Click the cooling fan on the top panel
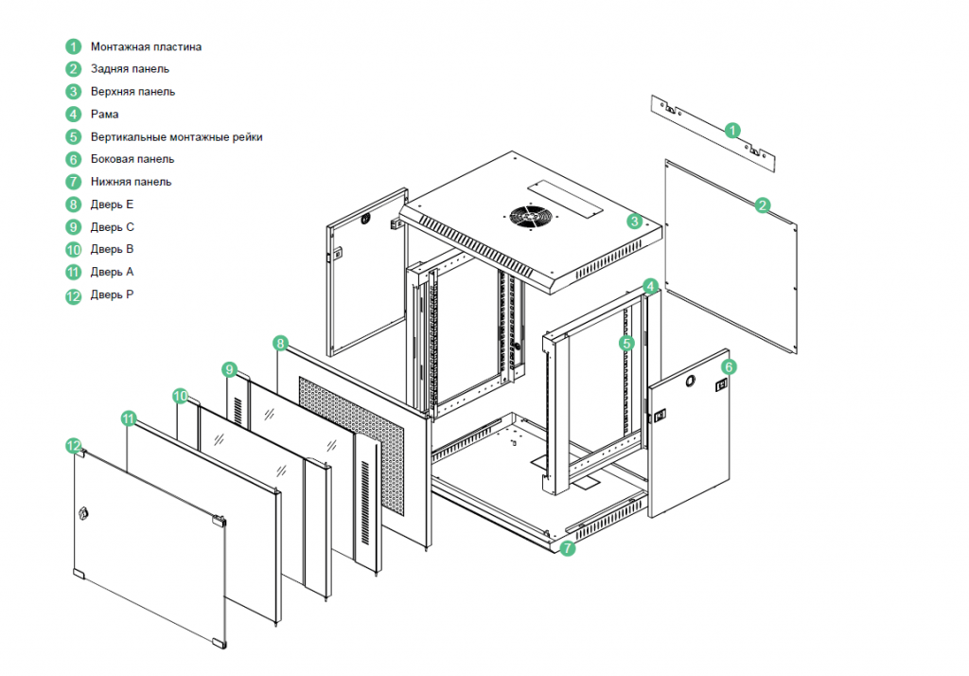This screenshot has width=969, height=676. click(x=530, y=217)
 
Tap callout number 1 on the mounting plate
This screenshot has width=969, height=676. click(x=732, y=131)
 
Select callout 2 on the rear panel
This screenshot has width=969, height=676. click(x=762, y=205)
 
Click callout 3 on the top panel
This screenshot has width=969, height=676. click(x=635, y=221)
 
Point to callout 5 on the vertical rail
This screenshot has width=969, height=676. click(x=626, y=344)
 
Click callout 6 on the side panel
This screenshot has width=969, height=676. click(x=730, y=367)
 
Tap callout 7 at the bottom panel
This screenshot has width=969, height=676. click(x=568, y=548)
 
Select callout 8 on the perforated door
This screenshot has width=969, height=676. click(x=280, y=344)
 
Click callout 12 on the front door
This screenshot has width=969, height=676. click(x=74, y=446)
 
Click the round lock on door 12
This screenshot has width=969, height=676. click(x=83, y=513)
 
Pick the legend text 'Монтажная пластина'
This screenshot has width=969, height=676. click(x=146, y=46)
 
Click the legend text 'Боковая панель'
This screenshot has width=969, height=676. click(x=132, y=159)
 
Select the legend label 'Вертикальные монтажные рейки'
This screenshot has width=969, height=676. click(x=177, y=136)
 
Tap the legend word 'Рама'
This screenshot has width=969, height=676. click(x=104, y=114)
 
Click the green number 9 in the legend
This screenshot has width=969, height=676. click(x=74, y=227)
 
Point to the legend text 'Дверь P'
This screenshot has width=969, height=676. click(x=112, y=294)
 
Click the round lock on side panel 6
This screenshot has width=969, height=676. click(x=690, y=381)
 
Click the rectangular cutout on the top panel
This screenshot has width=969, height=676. click(x=565, y=198)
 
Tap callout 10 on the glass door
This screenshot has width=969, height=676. click(x=180, y=396)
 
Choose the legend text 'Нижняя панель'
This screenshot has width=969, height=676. click(x=131, y=182)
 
